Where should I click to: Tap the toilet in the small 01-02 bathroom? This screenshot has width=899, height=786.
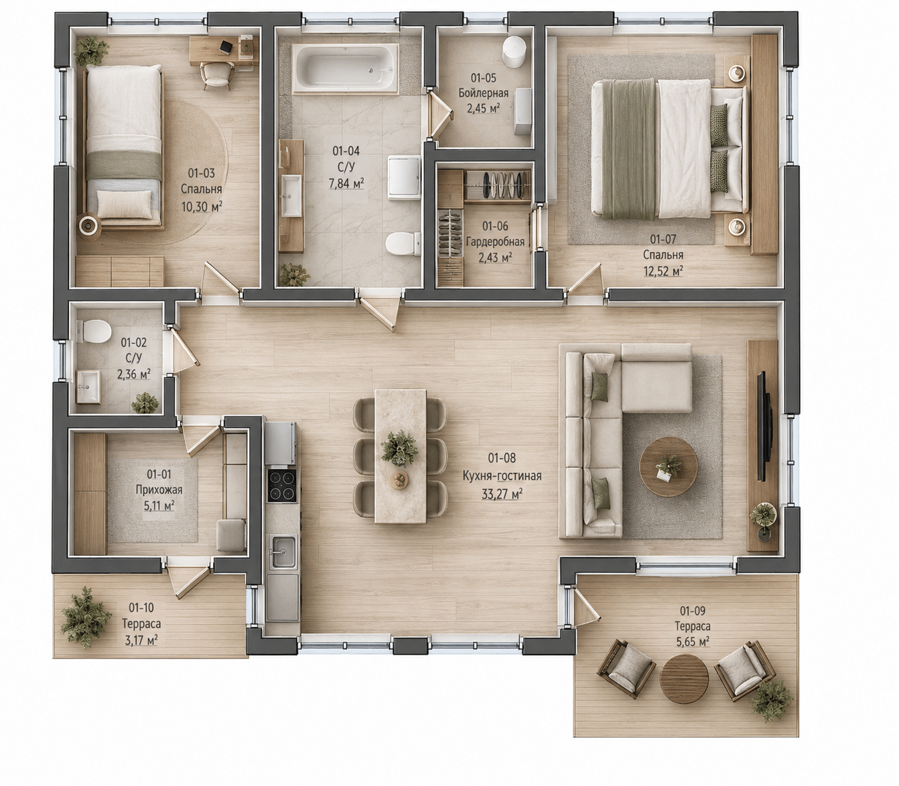coord(93,332)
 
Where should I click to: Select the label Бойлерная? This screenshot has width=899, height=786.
coord(484,93)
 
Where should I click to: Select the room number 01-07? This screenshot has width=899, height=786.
coord(663,239)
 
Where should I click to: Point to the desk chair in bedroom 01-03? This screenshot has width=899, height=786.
coord(217,74)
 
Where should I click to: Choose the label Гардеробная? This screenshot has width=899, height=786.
coord(495,242)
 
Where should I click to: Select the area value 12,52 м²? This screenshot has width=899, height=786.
coord(663,271)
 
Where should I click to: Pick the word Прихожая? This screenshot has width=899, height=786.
coord(159,490)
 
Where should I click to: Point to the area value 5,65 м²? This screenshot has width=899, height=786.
coord(693,642)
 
